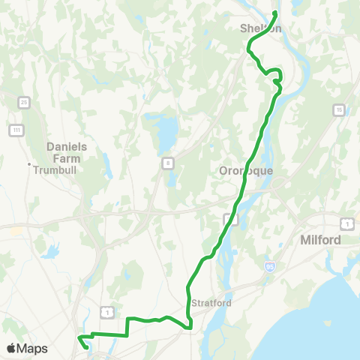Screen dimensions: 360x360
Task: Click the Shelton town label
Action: pyautogui.click(x=261, y=28)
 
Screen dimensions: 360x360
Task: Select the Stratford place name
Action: pyautogui.click(x=208, y=304)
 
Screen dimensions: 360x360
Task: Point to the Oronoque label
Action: pyautogui.click(x=245, y=170)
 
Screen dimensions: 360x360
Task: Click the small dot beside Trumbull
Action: pyautogui.click(x=29, y=165)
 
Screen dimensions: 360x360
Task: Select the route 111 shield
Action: pyautogui.click(x=15, y=130)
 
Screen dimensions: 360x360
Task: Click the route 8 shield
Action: pyautogui.click(x=169, y=163)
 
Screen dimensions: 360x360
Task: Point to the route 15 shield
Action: pyautogui.click(x=339, y=109)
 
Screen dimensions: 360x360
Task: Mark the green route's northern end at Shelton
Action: pyautogui.click(x=275, y=13)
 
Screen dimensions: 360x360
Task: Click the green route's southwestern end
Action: pyautogui.click(x=88, y=346)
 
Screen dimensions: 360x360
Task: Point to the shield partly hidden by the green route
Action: pyautogui.click(x=231, y=219)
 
